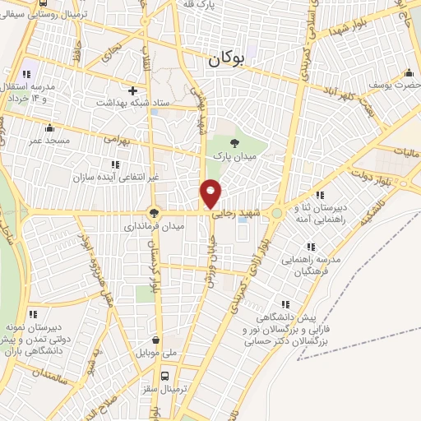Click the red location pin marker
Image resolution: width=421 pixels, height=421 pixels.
[x=211, y=193]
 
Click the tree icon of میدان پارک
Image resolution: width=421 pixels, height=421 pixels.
[x=235, y=142]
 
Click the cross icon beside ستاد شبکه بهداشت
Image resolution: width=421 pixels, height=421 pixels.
[x=132, y=90]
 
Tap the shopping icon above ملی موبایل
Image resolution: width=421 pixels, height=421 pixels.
[x=155, y=339]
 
